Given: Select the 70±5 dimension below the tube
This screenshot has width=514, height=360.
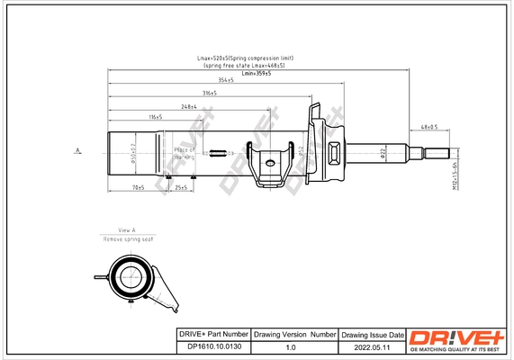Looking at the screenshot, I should point(138,187).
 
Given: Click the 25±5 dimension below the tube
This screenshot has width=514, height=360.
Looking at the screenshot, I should point(180,187).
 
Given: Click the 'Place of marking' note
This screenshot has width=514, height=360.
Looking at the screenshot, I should point(184,153).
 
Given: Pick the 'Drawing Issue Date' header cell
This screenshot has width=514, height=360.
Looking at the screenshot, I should point(371,334).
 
